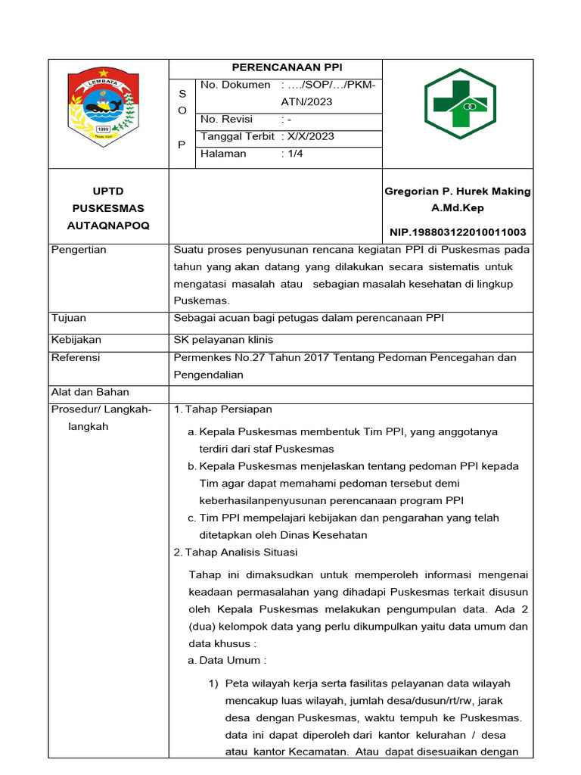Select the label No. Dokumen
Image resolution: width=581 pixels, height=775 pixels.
coord(235,85)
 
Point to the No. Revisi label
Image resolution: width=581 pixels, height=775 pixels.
coord(227,120)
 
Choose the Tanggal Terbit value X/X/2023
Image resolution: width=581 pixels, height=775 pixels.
coord(310,137)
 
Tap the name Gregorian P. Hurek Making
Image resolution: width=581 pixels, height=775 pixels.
coord(458,191)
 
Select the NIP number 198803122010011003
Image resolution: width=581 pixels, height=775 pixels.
coord(458,232)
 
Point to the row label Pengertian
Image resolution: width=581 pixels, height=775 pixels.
coord(79,250)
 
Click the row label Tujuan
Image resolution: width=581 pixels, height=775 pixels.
coord(68,318)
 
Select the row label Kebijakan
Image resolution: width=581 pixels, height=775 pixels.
coord(76,340)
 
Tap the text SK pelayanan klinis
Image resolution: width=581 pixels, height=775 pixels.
coord(224,340)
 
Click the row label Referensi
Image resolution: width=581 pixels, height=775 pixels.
coord(76,358)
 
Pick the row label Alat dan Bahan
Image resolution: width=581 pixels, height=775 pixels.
coord(90,392)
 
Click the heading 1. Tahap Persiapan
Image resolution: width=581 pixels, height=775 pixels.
coord(222,409)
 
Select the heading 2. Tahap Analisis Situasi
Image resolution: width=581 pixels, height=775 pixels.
coord(235,552)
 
